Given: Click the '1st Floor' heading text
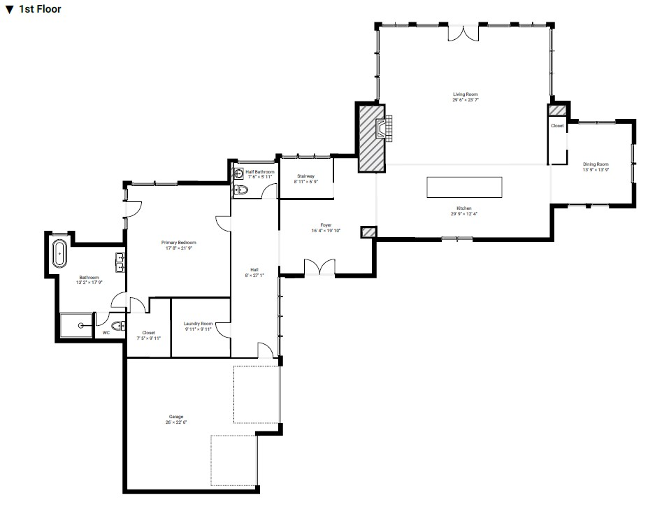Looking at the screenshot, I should (40, 9).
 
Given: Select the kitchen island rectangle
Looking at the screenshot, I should (464, 187).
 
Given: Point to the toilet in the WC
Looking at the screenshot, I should (118, 325).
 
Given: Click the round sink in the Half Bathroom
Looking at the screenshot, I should (238, 173).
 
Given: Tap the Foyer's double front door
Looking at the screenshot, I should (319, 267).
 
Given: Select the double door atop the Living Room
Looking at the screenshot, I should (462, 32).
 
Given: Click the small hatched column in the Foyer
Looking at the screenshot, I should (368, 232).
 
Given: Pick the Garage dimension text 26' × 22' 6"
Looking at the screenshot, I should (176, 422).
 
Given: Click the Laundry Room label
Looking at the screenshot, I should (198, 324).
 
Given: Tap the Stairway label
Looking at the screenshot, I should (305, 176).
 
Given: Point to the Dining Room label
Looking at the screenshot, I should (596, 164).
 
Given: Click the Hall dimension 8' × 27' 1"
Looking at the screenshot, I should (255, 275).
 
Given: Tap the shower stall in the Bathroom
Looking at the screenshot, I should (75, 325).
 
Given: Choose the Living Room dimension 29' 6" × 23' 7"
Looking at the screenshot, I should (465, 100).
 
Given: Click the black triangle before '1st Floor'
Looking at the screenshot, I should (9, 10).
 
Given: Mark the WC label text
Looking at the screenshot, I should (106, 333).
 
